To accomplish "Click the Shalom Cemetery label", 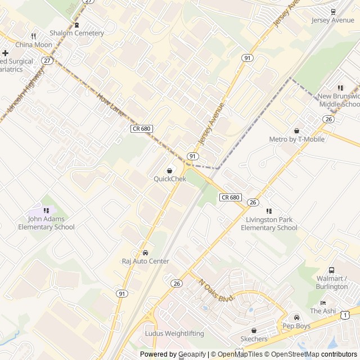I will click(x=76, y=33).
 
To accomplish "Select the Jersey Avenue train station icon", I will click(x=333, y=12).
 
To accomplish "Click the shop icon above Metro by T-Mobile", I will click(x=296, y=130).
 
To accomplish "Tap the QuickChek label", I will click(x=169, y=179).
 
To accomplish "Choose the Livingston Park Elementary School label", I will click(x=269, y=224).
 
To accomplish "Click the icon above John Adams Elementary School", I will click(x=46, y=210).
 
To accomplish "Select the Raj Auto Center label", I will click(x=145, y=260).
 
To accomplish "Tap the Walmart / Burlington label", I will click(x=331, y=282).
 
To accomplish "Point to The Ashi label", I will click(x=322, y=311).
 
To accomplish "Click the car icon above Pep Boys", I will click(x=296, y=317).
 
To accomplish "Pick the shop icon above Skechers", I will click(x=254, y=331).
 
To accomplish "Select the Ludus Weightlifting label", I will click(x=174, y=334).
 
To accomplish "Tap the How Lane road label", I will click(x=109, y=106).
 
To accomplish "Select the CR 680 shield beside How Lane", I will click(x=141, y=129).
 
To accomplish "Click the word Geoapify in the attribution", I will click(x=191, y=354).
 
